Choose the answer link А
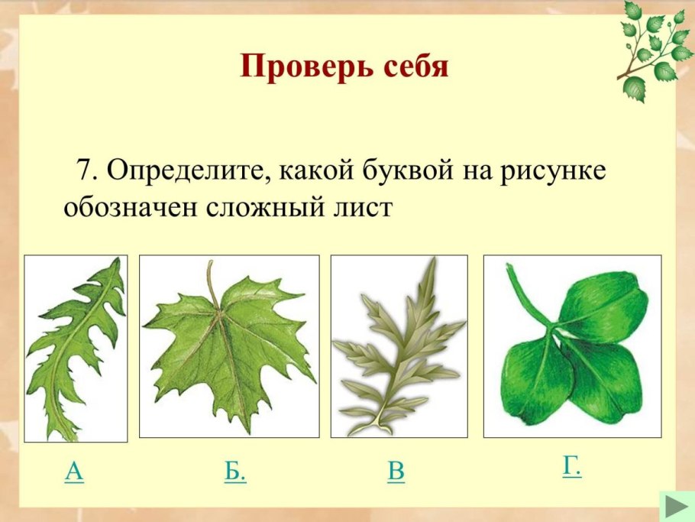click(x=74, y=472)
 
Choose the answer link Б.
click(x=235, y=472)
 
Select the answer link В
click(x=396, y=472)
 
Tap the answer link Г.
click(x=571, y=465)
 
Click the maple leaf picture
click(x=229, y=344)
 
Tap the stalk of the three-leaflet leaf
click(x=527, y=294)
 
